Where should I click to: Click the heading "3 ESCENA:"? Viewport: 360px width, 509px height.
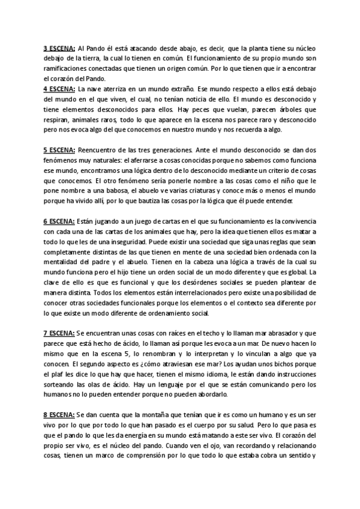(59, 47)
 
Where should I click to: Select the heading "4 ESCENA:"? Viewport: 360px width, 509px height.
(59, 88)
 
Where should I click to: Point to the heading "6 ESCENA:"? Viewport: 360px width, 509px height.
(59, 221)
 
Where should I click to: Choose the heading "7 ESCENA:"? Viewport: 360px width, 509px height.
(59, 333)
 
